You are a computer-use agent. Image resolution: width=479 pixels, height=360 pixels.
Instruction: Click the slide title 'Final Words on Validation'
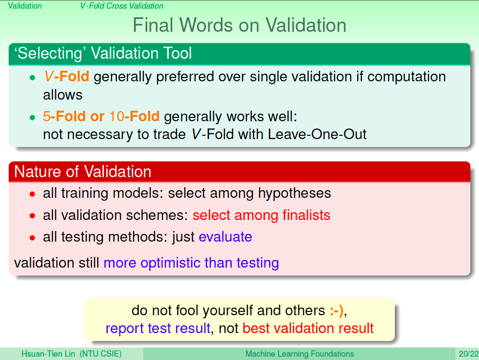[x=239, y=25]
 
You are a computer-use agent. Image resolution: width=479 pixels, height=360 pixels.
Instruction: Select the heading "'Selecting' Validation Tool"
[x=103, y=53]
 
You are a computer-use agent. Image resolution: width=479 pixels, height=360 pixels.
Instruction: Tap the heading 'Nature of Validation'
[x=83, y=171]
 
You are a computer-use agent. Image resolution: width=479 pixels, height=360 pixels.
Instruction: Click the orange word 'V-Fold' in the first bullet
[x=66, y=77]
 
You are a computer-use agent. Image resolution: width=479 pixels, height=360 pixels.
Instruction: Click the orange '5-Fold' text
[x=64, y=116]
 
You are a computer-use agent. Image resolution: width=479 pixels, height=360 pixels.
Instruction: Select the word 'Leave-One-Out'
[x=317, y=134]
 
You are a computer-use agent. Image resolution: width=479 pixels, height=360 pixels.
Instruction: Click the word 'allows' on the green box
[x=63, y=95]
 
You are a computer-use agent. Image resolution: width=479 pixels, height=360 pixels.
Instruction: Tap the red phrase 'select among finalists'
[x=262, y=215]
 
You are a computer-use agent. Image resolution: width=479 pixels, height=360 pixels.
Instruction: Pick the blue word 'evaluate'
[x=226, y=237]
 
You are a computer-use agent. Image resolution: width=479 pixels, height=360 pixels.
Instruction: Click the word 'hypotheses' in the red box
[x=294, y=193]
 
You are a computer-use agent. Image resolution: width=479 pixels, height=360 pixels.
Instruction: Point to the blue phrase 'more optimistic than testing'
[x=191, y=263]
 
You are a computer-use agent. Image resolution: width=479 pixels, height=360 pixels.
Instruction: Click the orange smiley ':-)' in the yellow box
[x=337, y=311]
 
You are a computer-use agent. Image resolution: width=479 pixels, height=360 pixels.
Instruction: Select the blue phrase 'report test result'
[x=158, y=328]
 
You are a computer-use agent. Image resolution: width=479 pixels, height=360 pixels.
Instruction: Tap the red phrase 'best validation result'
[x=308, y=328]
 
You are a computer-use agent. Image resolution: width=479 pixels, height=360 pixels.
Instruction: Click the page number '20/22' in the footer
[x=468, y=354]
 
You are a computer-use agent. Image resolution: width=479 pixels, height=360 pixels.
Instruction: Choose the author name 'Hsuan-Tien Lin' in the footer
[x=48, y=354]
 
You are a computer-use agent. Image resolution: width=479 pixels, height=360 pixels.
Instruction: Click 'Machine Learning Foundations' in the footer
[x=300, y=354]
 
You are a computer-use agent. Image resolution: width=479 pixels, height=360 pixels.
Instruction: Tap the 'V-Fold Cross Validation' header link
[x=122, y=6]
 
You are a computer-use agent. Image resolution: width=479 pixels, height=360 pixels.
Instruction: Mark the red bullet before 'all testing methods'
[x=32, y=237]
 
